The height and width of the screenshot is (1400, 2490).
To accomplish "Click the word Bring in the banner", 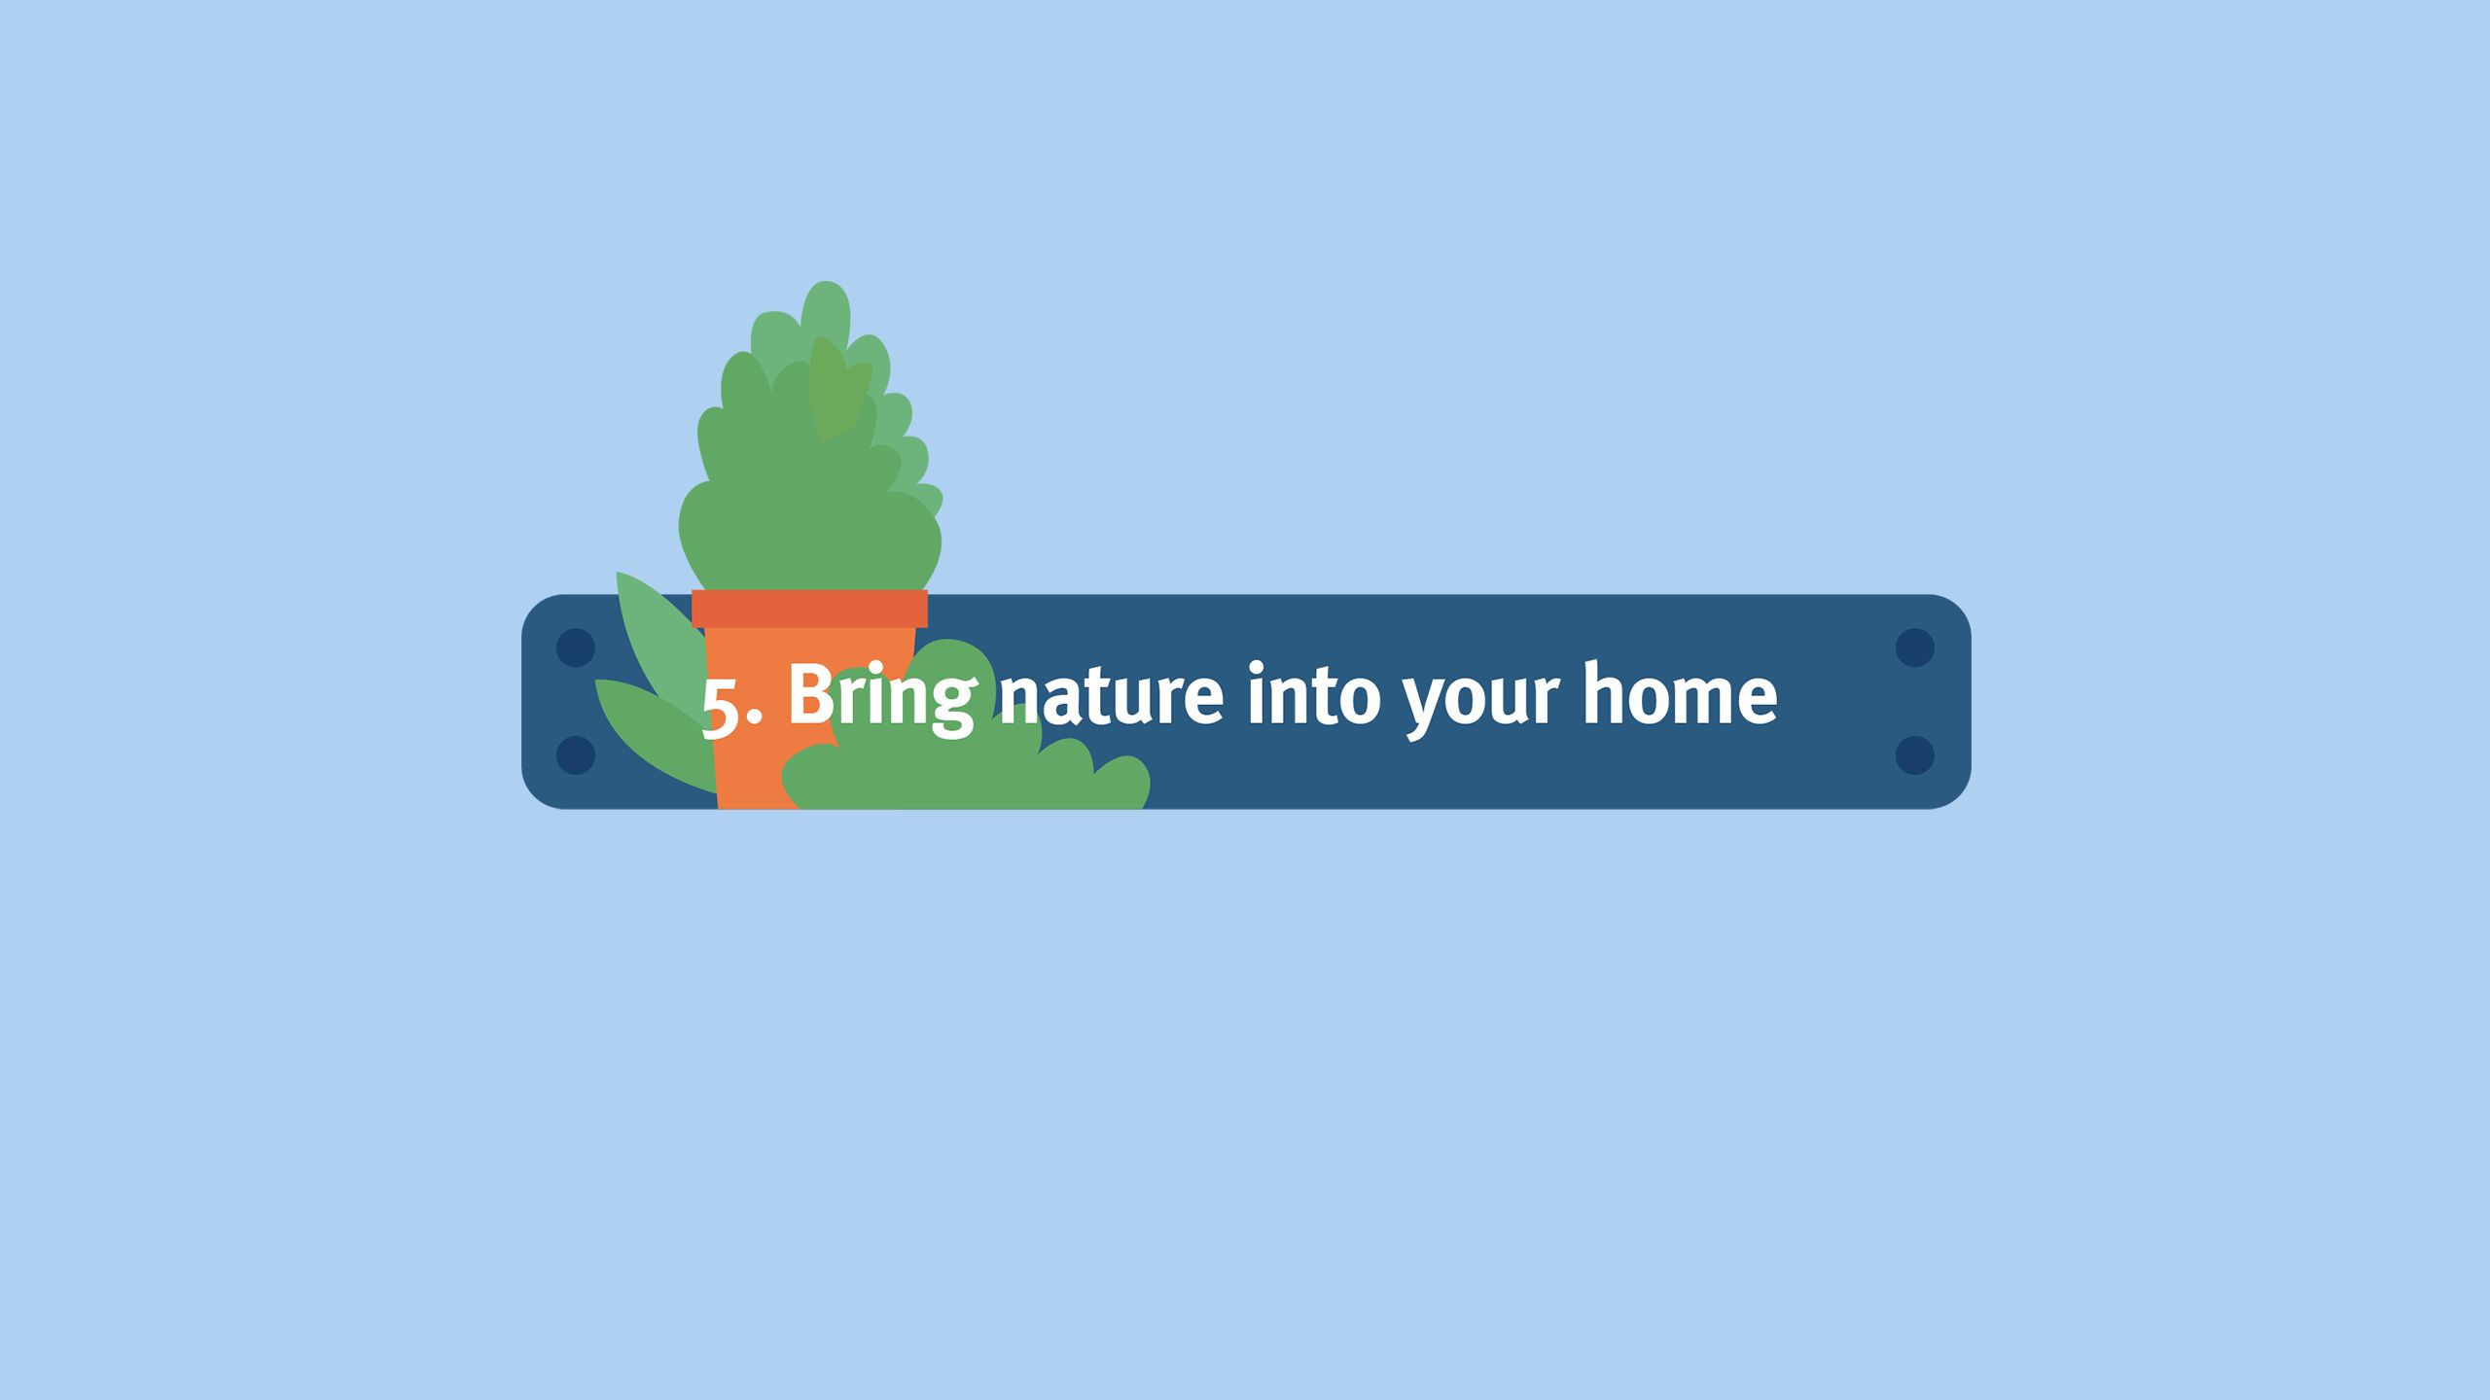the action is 881,697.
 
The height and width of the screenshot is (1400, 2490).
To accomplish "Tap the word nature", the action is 1112,696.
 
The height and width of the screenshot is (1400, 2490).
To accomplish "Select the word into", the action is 1313,693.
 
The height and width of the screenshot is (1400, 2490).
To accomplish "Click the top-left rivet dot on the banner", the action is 575,647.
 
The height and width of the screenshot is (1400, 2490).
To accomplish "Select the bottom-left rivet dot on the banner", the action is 575,755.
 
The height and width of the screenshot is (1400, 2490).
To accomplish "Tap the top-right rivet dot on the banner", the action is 1915,647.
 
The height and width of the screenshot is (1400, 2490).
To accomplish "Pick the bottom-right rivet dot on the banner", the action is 1915,755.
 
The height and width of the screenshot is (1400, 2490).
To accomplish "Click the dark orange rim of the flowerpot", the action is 809,609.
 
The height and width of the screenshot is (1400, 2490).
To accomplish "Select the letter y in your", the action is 1425,706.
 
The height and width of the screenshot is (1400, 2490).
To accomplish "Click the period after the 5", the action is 755,717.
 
